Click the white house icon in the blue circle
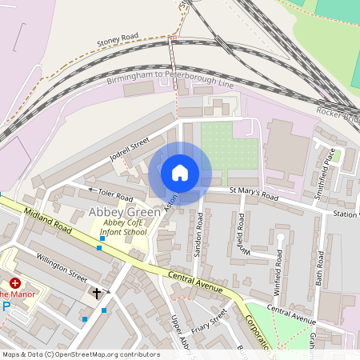tap(180, 173)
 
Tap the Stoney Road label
tap(118, 38)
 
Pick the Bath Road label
tap(320, 269)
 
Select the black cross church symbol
tap(98, 294)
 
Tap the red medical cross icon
tap(14, 283)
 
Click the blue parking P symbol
tap(6, 306)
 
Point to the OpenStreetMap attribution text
tap(80, 354)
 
